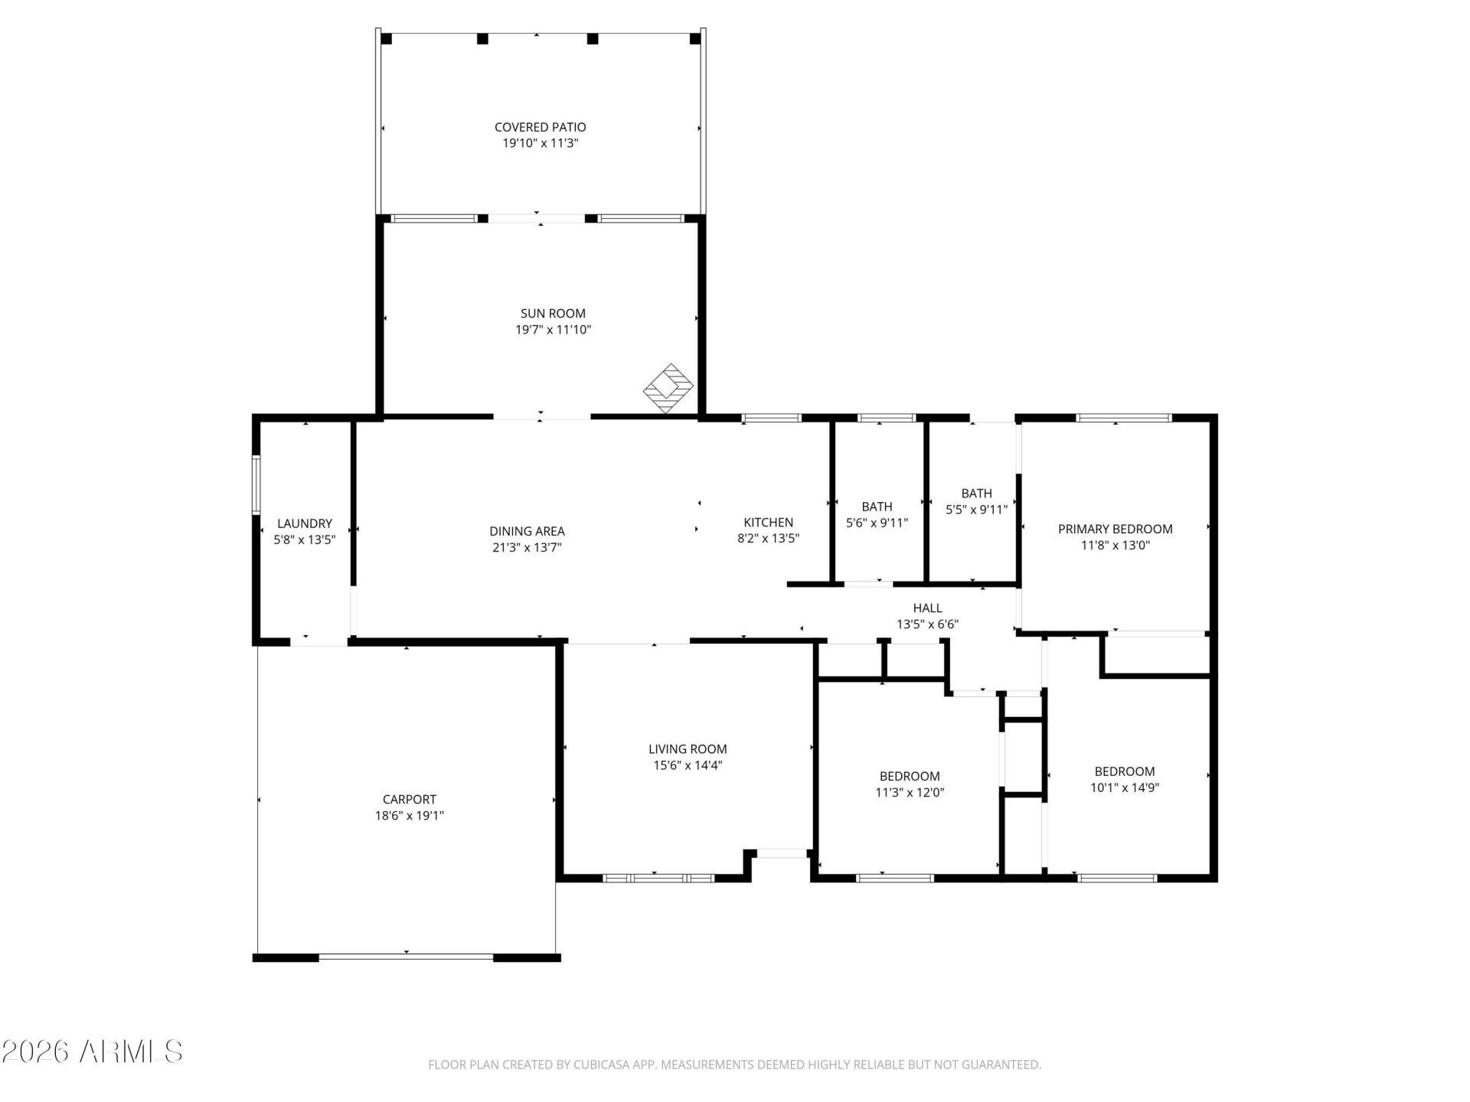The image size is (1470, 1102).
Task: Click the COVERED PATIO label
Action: point(540,127)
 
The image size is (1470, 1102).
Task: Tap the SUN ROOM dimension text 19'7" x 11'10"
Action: point(553,330)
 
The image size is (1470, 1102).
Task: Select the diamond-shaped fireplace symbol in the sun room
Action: point(668,388)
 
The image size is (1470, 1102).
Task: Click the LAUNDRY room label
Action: point(304,523)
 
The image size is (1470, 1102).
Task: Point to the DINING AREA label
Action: point(527,531)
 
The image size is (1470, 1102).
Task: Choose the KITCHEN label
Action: point(768,523)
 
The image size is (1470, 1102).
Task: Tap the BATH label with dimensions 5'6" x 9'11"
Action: point(877,507)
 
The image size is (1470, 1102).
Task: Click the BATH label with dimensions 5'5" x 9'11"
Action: point(976,494)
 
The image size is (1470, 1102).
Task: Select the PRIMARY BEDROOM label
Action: point(1115,529)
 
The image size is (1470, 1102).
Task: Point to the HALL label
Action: point(927,608)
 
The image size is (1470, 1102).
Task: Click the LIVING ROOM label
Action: point(688,749)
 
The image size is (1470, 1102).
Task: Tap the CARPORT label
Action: point(409,800)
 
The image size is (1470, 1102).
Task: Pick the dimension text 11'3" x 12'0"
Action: point(910,793)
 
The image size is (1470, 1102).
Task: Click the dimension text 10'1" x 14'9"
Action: point(1125,787)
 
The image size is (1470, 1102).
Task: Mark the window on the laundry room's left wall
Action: point(256,484)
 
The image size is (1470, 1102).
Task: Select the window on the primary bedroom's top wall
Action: point(1124,418)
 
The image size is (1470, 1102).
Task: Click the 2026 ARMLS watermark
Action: point(92,1051)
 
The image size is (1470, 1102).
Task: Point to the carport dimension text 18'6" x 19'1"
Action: point(409,816)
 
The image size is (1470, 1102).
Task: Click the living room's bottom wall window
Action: point(658,878)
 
